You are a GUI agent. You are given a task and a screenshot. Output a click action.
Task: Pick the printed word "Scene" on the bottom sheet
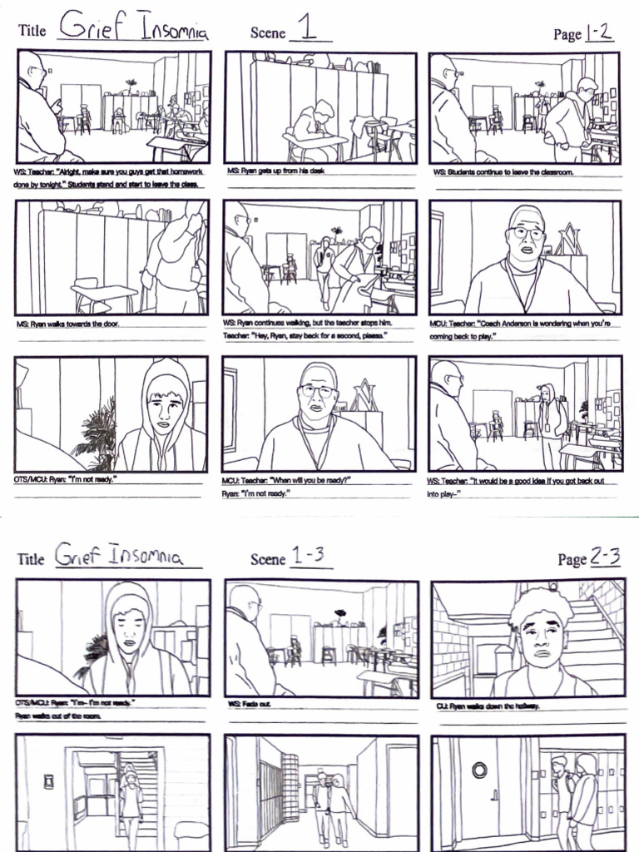pyautogui.click(x=267, y=559)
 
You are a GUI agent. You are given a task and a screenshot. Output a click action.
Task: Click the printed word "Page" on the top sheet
pyautogui.click(x=567, y=34)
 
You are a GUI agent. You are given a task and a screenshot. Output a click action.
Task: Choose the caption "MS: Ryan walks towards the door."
pyautogui.click(x=67, y=323)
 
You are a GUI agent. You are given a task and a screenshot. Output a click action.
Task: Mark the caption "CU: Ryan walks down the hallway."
pyautogui.click(x=488, y=706)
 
